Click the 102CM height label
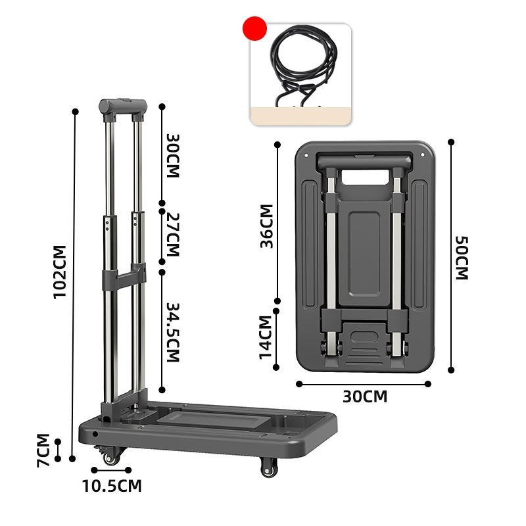(x=60, y=272)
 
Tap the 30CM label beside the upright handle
(x=174, y=156)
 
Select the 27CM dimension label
(x=174, y=235)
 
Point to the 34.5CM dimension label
(x=174, y=333)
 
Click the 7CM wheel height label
(x=43, y=450)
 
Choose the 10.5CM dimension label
(x=112, y=486)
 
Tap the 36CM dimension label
(x=267, y=226)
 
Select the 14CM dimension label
(x=266, y=337)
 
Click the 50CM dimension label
(x=462, y=258)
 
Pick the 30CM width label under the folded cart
(x=365, y=396)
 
